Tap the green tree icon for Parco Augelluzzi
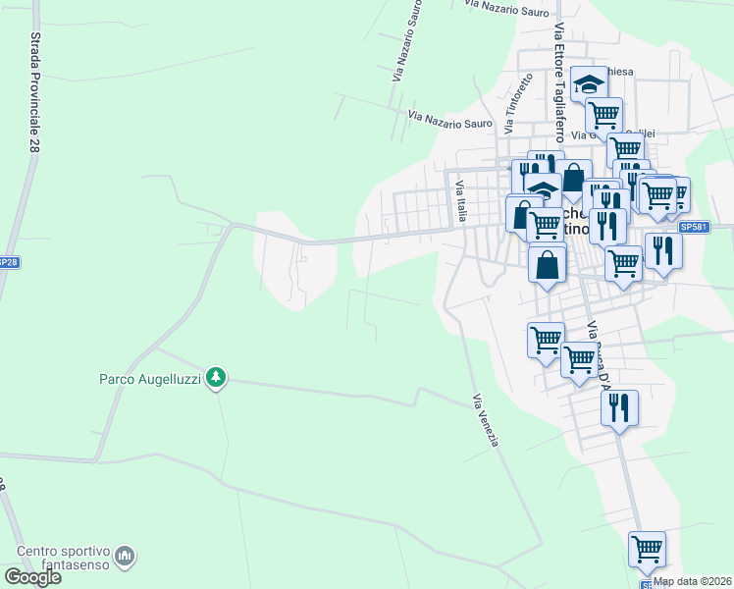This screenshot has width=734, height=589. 217,377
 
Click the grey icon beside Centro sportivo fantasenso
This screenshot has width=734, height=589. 125,557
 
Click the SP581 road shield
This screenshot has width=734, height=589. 693,227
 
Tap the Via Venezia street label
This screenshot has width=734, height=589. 486,420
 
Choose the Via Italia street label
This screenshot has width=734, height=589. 459,200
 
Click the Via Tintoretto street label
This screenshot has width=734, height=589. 512,104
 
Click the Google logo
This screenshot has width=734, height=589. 32,577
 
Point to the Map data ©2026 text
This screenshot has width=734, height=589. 693,581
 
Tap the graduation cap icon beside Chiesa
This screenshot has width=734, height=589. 589,82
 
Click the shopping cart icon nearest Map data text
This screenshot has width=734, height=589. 647,549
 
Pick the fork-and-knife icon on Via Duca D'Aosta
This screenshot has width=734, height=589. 619,406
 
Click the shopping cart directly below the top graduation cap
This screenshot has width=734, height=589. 603,114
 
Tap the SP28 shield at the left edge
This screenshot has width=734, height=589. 7,263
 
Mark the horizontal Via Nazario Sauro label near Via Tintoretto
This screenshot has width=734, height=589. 449,118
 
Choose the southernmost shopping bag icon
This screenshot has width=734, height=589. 547,263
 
